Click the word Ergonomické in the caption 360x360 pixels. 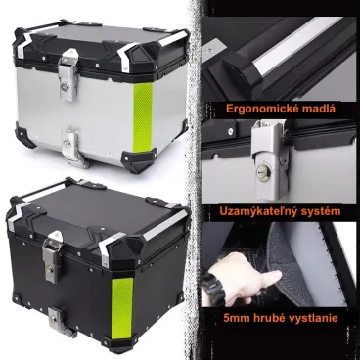[255, 109]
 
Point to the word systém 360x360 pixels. [320, 211]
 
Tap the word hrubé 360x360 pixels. [266, 317]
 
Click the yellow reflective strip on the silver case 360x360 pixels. [143, 117]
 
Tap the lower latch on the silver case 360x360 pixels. [71, 149]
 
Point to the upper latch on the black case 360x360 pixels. [52, 256]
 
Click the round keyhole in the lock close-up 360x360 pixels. [262, 171]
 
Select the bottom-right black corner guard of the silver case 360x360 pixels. [139, 160]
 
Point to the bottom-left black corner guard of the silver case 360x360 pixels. [25, 138]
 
